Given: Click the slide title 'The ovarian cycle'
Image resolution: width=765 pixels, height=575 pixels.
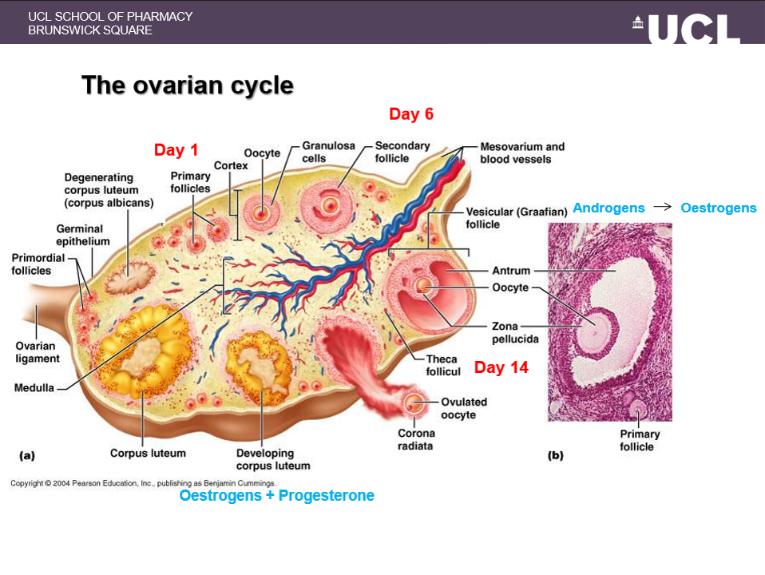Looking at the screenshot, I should (188, 85).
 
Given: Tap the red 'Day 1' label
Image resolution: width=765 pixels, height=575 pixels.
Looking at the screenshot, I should (176, 150).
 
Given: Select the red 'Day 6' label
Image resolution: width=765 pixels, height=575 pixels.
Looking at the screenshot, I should (411, 114).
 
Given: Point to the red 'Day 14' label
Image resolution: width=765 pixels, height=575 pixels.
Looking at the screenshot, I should (501, 367).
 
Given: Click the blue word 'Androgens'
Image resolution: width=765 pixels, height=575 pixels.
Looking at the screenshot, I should (608, 208).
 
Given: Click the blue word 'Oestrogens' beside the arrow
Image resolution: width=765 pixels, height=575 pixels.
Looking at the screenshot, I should (718, 208).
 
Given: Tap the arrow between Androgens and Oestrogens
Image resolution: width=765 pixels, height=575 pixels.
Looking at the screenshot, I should (662, 208).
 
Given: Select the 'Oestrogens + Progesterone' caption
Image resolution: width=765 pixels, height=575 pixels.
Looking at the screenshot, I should (276, 495).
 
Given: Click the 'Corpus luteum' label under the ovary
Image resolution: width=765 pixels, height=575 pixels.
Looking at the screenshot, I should (148, 453).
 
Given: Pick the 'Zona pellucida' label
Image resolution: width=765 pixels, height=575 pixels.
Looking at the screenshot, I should (515, 332).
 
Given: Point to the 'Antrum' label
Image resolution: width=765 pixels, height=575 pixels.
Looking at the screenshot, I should (511, 271).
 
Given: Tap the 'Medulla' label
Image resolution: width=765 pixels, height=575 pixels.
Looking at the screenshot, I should (34, 388).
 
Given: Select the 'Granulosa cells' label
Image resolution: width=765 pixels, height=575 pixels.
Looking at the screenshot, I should (319, 152).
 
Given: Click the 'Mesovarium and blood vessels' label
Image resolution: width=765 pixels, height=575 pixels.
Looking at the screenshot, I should (522, 153).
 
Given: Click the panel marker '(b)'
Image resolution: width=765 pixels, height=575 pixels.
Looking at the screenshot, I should (555, 455).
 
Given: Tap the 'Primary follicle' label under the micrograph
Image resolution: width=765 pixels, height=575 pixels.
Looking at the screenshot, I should (640, 440).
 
